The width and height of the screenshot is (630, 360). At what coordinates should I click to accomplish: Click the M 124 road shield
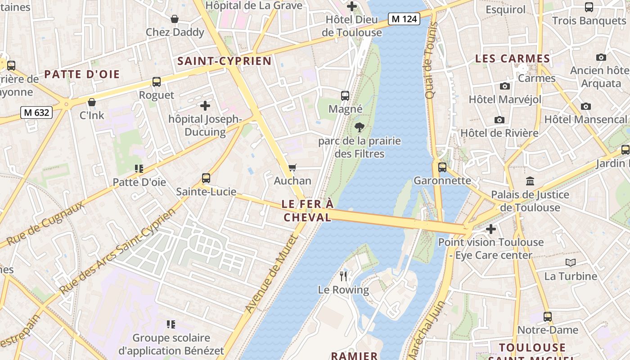click(404, 19)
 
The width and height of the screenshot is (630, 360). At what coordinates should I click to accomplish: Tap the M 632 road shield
click(36, 112)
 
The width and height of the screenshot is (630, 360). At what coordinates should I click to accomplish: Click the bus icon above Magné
click(345, 95)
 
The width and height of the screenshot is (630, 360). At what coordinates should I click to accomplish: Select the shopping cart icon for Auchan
click(292, 167)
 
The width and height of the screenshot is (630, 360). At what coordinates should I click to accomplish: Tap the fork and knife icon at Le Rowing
click(344, 276)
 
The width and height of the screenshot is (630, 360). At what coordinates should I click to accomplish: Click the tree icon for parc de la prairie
click(359, 127)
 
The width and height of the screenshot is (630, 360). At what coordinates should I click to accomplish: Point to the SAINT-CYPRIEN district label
click(225, 61)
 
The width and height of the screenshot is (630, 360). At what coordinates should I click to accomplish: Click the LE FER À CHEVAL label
click(307, 211)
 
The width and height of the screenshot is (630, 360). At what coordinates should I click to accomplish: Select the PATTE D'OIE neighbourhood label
click(82, 74)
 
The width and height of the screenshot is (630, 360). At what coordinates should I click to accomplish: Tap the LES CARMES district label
click(513, 58)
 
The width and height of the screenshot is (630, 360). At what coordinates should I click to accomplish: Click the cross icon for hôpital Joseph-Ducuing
click(205, 106)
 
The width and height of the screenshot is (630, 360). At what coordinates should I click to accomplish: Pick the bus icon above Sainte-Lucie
click(206, 178)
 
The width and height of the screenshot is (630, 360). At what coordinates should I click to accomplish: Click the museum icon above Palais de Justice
click(530, 181)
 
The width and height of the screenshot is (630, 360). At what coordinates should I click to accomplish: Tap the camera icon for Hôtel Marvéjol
click(505, 86)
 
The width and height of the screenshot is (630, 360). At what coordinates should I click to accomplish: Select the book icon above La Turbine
click(570, 262)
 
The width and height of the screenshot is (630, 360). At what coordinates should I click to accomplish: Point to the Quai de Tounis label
click(431, 61)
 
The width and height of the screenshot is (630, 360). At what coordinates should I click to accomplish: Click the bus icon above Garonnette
click(442, 167)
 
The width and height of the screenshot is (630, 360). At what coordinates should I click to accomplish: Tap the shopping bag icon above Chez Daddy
click(175, 19)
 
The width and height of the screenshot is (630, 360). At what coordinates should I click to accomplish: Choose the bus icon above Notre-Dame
click(547, 316)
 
